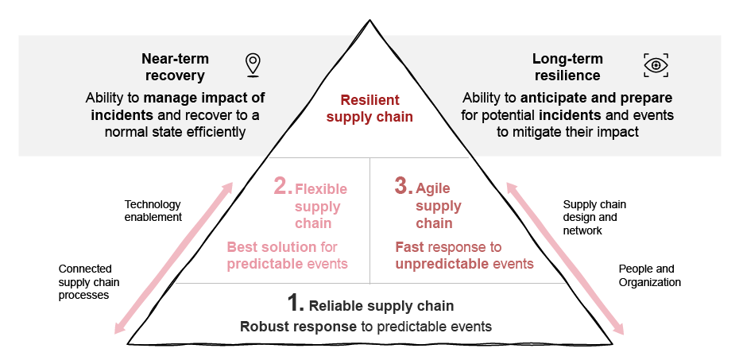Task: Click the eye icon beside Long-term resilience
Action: coord(656,65)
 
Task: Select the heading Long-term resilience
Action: coord(567,68)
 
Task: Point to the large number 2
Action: coord(282,187)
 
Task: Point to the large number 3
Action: coord(403,187)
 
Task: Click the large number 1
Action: coord(296,304)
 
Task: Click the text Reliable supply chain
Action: coord(381,306)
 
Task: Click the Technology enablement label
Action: coord(153,211)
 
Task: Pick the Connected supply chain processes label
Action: coord(85,282)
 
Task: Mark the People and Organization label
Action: coord(649,276)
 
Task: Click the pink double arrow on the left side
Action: coord(174,257)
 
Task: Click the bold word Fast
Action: coord(410,247)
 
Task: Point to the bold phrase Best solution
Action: coord(265,247)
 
